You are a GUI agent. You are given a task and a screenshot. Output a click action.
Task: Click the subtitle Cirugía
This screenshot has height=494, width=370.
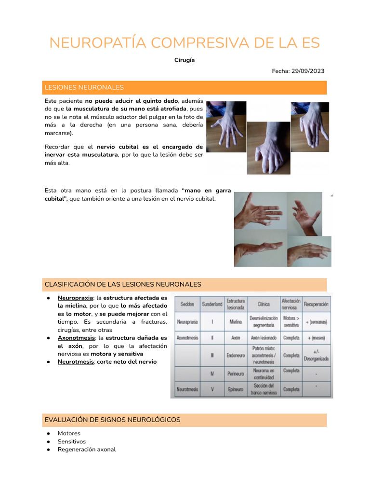pyautogui.click(x=185, y=60)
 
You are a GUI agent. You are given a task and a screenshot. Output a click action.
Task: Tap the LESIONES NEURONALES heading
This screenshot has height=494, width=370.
pyautogui.click(x=84, y=87)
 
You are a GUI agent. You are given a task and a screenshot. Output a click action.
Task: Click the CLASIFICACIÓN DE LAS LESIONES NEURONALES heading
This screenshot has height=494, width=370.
pyautogui.click(x=123, y=285)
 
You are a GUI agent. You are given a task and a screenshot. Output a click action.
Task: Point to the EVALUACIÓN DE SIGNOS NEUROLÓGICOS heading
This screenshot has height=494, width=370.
pyautogui.click(x=112, y=420)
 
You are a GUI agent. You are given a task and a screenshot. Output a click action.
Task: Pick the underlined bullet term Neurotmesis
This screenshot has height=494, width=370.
pyautogui.click(x=75, y=362)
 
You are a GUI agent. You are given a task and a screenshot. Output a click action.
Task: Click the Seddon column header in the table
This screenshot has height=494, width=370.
pyautogui.click(x=187, y=304)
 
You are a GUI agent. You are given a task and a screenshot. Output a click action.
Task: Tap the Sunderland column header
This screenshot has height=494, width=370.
pyautogui.click(x=212, y=304)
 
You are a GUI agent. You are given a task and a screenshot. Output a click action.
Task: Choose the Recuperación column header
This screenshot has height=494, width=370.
pyautogui.click(x=316, y=304)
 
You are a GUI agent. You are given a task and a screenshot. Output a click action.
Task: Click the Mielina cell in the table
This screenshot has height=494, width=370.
pyautogui.click(x=236, y=321)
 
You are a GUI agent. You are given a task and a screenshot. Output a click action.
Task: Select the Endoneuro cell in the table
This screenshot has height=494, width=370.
pyautogui.click(x=236, y=355)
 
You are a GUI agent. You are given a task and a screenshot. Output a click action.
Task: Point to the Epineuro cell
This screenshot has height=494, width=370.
pyautogui.click(x=236, y=389)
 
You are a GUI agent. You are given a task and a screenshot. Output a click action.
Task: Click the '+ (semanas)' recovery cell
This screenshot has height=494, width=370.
pyautogui.click(x=316, y=322)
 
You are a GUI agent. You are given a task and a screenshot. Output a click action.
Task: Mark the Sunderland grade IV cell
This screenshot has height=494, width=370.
pyautogui.click(x=212, y=372)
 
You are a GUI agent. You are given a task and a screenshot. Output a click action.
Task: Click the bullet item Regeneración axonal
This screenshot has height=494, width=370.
pyautogui.click(x=87, y=449)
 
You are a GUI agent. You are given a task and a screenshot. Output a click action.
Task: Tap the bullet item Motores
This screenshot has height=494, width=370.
pyautogui.click(x=69, y=433)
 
